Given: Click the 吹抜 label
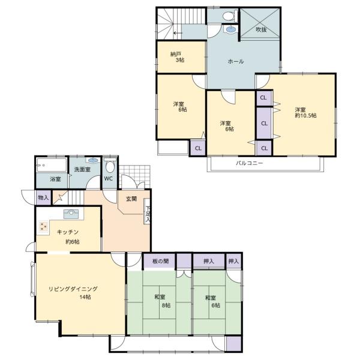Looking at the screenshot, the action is click(x=261, y=29).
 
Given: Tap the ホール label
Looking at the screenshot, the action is click(x=236, y=62).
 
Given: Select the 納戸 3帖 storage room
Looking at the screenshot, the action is click(x=181, y=57).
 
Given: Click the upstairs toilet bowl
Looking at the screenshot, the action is click(x=229, y=16).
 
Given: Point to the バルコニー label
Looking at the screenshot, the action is click(x=250, y=163).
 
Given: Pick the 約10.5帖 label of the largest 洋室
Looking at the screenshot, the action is click(x=305, y=115).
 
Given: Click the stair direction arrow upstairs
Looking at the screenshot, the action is click(x=178, y=33).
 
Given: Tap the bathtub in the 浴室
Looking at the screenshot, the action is click(x=52, y=165).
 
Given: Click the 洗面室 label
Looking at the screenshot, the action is click(x=82, y=170).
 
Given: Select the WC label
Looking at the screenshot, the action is click(x=108, y=179).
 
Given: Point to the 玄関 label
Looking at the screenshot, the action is click(x=131, y=199).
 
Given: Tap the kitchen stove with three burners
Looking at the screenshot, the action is click(x=44, y=227).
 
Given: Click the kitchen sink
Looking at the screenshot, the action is click(x=71, y=214).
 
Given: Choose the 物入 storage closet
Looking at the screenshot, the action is click(x=44, y=197).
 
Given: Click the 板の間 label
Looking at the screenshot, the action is click(x=160, y=261).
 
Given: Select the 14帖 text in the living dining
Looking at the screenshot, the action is click(x=85, y=297).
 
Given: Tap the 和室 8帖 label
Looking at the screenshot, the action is click(x=163, y=301).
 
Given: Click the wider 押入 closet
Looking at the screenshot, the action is click(x=209, y=261).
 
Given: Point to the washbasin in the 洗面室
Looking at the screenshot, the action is click(x=93, y=160).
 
